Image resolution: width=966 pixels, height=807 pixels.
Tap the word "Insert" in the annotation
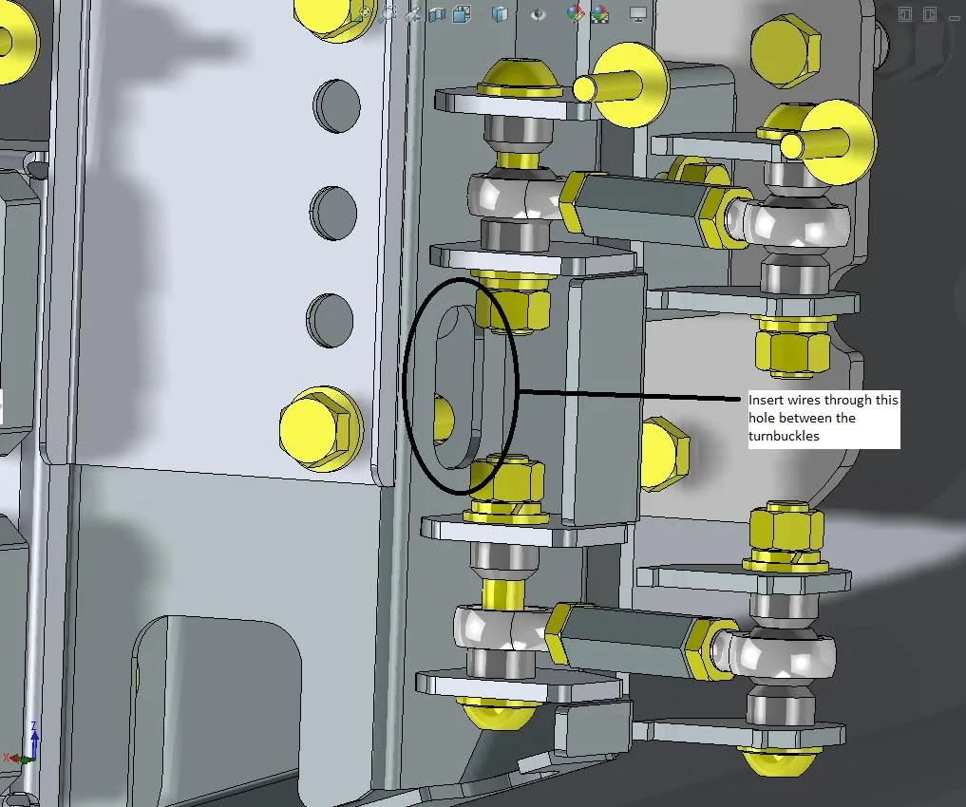tap(767, 400)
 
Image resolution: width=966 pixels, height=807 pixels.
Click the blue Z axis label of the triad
tap(34, 726)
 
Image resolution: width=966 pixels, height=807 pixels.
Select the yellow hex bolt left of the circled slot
tap(320, 428)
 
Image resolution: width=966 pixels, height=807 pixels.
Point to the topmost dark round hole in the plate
tap(336, 106)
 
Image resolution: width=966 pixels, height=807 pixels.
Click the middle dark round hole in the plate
tap(332, 213)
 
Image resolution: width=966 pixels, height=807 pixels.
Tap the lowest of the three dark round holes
tap(330, 320)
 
